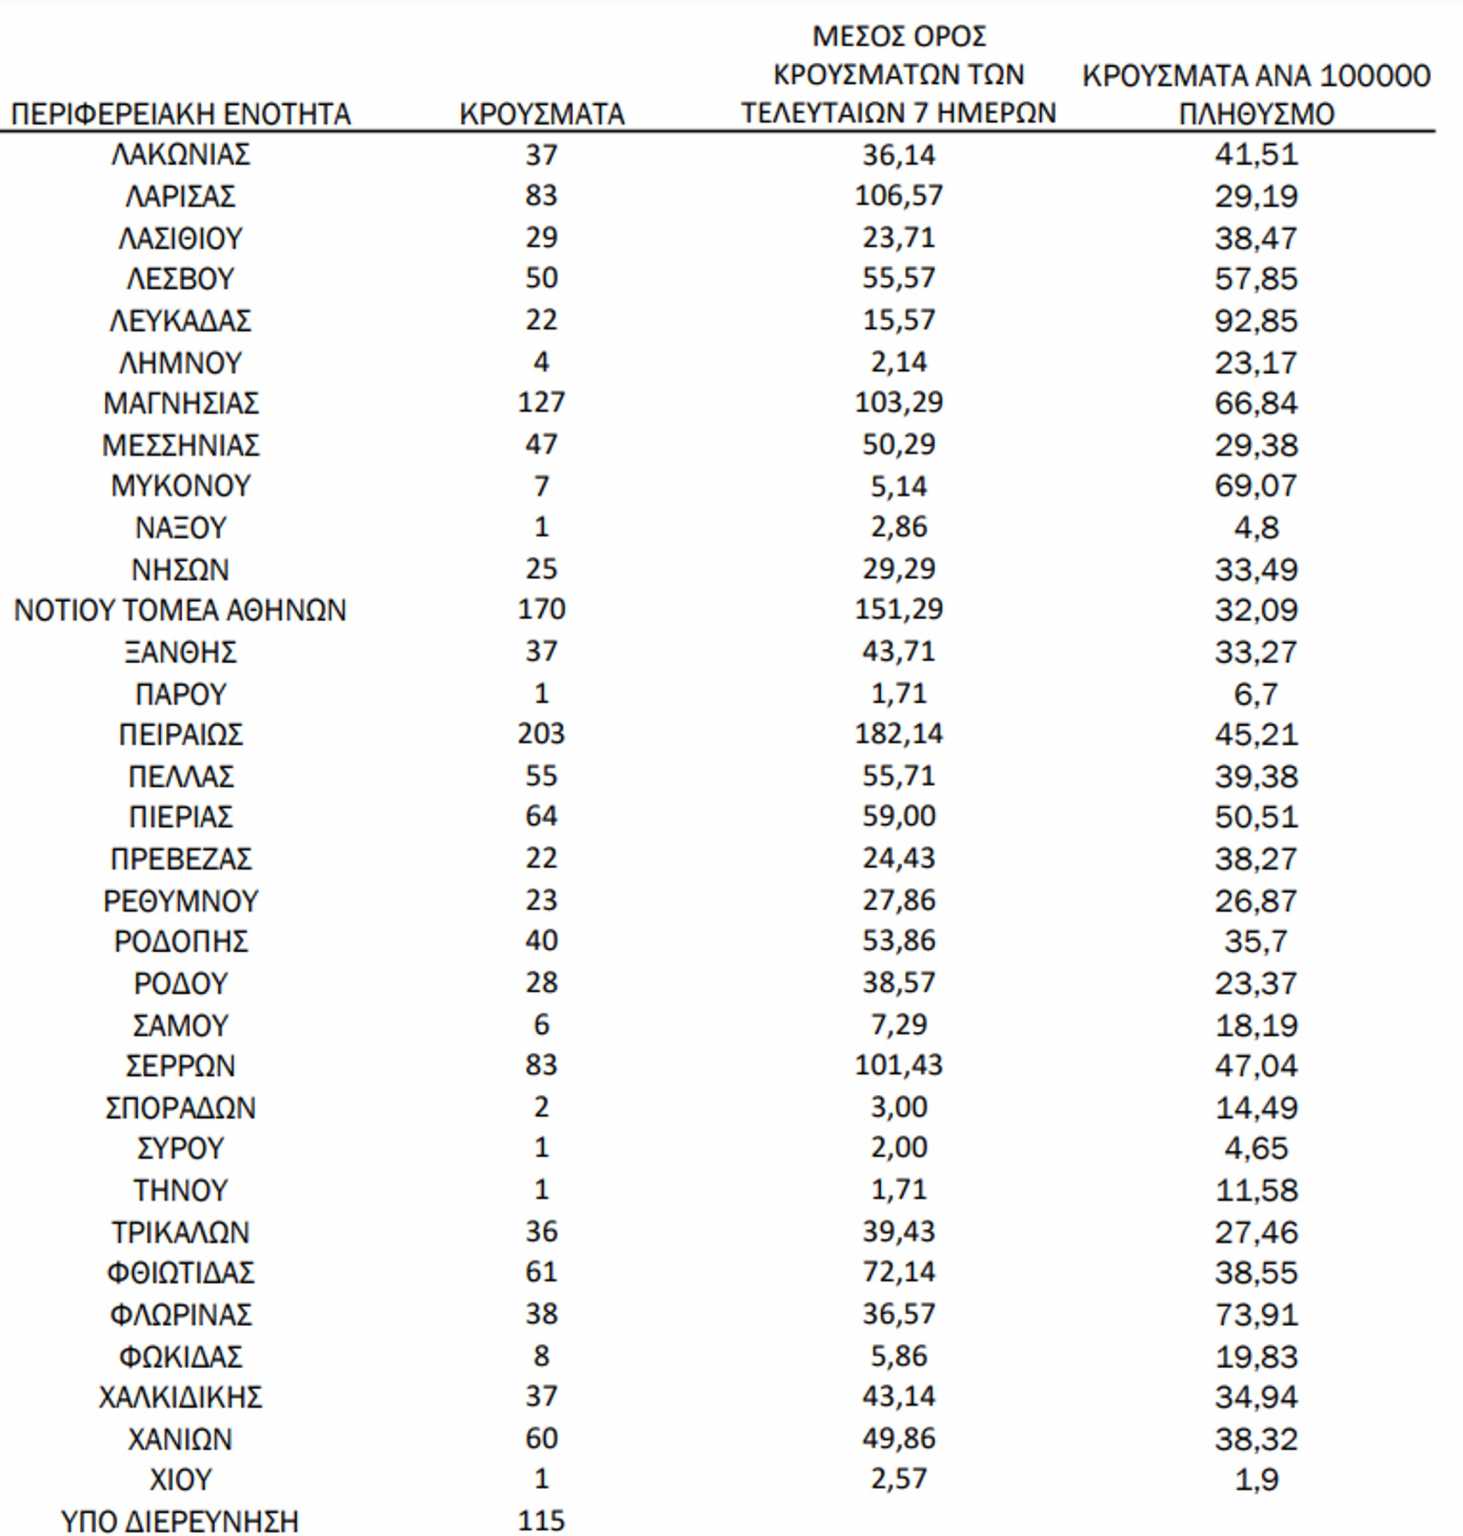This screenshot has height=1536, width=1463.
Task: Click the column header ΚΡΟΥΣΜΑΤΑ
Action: coord(541,114)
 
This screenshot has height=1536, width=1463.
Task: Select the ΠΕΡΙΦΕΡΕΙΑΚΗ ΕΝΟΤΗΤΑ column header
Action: coord(181,114)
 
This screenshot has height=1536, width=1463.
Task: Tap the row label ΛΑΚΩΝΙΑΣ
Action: coord(181,155)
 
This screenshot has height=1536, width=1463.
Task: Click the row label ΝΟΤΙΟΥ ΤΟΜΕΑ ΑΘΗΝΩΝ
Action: coord(180,610)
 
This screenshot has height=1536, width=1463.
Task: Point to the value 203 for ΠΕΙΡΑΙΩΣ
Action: coord(541,734)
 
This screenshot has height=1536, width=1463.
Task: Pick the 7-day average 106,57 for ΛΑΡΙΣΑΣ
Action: coord(898,196)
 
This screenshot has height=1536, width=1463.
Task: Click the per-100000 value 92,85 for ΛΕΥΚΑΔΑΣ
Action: coord(1256,321)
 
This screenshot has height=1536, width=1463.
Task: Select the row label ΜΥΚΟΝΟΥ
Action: coord(181,486)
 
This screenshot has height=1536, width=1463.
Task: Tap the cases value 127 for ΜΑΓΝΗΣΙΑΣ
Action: coord(541,403)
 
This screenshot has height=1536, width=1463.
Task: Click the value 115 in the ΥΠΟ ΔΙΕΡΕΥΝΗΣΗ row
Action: coord(541,1520)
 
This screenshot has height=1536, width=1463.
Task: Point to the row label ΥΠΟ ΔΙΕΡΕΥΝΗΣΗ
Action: coord(180,1521)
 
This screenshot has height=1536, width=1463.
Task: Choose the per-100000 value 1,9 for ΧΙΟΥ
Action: coord(1256,1479)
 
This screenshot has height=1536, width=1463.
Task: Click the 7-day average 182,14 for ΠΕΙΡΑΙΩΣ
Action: coord(898,734)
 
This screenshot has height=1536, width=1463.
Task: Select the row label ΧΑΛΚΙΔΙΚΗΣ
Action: coord(181,1397)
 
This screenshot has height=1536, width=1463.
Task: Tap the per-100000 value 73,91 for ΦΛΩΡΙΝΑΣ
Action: coord(1256,1314)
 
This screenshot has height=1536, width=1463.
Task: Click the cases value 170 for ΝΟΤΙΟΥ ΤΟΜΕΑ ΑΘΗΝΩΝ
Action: coord(541,609)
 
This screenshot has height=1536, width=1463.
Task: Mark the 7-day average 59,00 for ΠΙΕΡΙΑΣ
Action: coord(898,816)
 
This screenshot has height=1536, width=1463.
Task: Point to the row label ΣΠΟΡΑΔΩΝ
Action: coord(181,1108)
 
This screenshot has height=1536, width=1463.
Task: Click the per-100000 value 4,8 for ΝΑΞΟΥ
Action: coord(1256,527)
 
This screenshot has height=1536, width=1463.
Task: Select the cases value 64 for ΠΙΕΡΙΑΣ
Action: coord(541,816)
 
